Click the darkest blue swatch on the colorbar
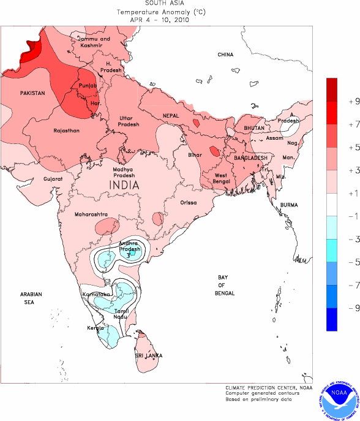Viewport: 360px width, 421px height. point(332,319)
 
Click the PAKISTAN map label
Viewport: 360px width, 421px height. point(32,93)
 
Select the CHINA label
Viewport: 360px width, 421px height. point(225,55)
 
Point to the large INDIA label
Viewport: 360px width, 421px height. point(123,184)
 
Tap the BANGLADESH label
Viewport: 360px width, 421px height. point(252,158)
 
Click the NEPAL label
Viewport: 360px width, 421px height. point(171,116)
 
